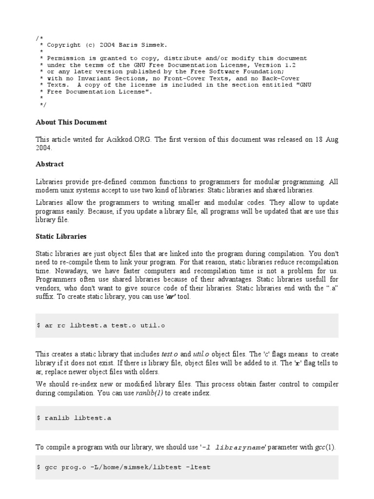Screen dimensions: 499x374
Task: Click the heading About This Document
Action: (x=71, y=122)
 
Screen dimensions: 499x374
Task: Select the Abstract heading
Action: (x=50, y=164)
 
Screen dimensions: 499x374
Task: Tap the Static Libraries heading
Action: (x=61, y=236)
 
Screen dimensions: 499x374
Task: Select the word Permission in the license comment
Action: (x=64, y=58)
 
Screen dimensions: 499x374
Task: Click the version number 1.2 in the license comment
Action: (x=288, y=65)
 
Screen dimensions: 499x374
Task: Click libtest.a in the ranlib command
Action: (x=93, y=418)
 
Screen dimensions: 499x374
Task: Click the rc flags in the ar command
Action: (x=61, y=326)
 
